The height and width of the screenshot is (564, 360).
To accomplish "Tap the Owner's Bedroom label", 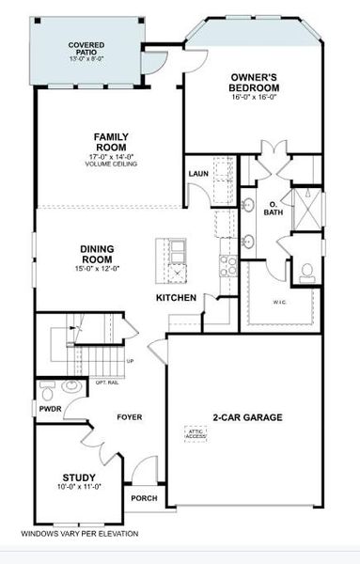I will [x=253, y=82].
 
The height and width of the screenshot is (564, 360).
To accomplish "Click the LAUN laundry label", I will [x=198, y=174].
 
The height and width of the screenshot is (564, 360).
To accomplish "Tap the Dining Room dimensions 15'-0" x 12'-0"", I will [x=99, y=268].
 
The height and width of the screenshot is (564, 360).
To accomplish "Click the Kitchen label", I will [x=176, y=298].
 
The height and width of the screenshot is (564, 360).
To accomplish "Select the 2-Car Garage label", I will [x=247, y=417].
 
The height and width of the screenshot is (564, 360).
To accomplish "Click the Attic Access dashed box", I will [x=195, y=433].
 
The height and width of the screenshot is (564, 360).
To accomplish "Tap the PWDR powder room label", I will [x=50, y=409].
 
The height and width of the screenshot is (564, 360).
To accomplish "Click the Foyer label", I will [x=129, y=416].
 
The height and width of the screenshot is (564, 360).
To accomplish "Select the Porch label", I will [x=144, y=498].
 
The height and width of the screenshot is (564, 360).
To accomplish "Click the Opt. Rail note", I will [x=107, y=382].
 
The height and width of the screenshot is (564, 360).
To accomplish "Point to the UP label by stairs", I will [x=130, y=361].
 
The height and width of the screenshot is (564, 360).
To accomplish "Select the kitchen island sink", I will [x=177, y=250].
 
